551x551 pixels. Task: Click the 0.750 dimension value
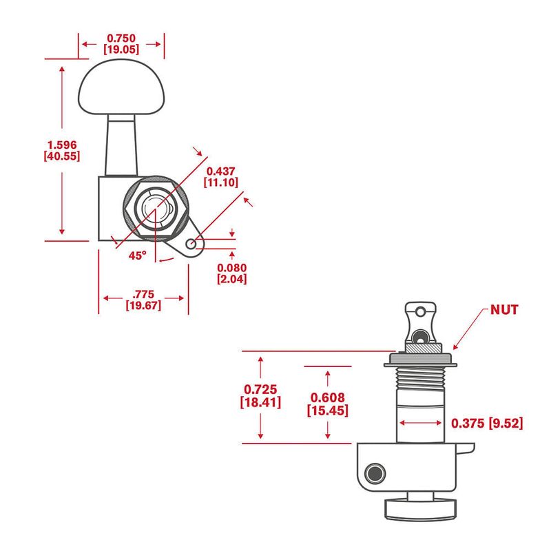click(122, 39)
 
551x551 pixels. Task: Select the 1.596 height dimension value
click(61, 144)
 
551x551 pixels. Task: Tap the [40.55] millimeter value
click(61, 156)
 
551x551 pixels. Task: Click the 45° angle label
click(137, 255)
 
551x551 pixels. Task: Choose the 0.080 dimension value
click(231, 267)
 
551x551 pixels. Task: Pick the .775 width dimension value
click(143, 293)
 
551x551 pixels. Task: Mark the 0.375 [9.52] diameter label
click(486, 423)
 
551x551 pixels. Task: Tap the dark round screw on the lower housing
click(375, 472)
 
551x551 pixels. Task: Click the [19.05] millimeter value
click(122, 50)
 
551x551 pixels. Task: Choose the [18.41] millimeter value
click(260, 402)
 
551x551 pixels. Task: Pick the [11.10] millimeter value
click(220, 183)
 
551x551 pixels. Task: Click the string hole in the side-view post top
click(419, 336)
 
